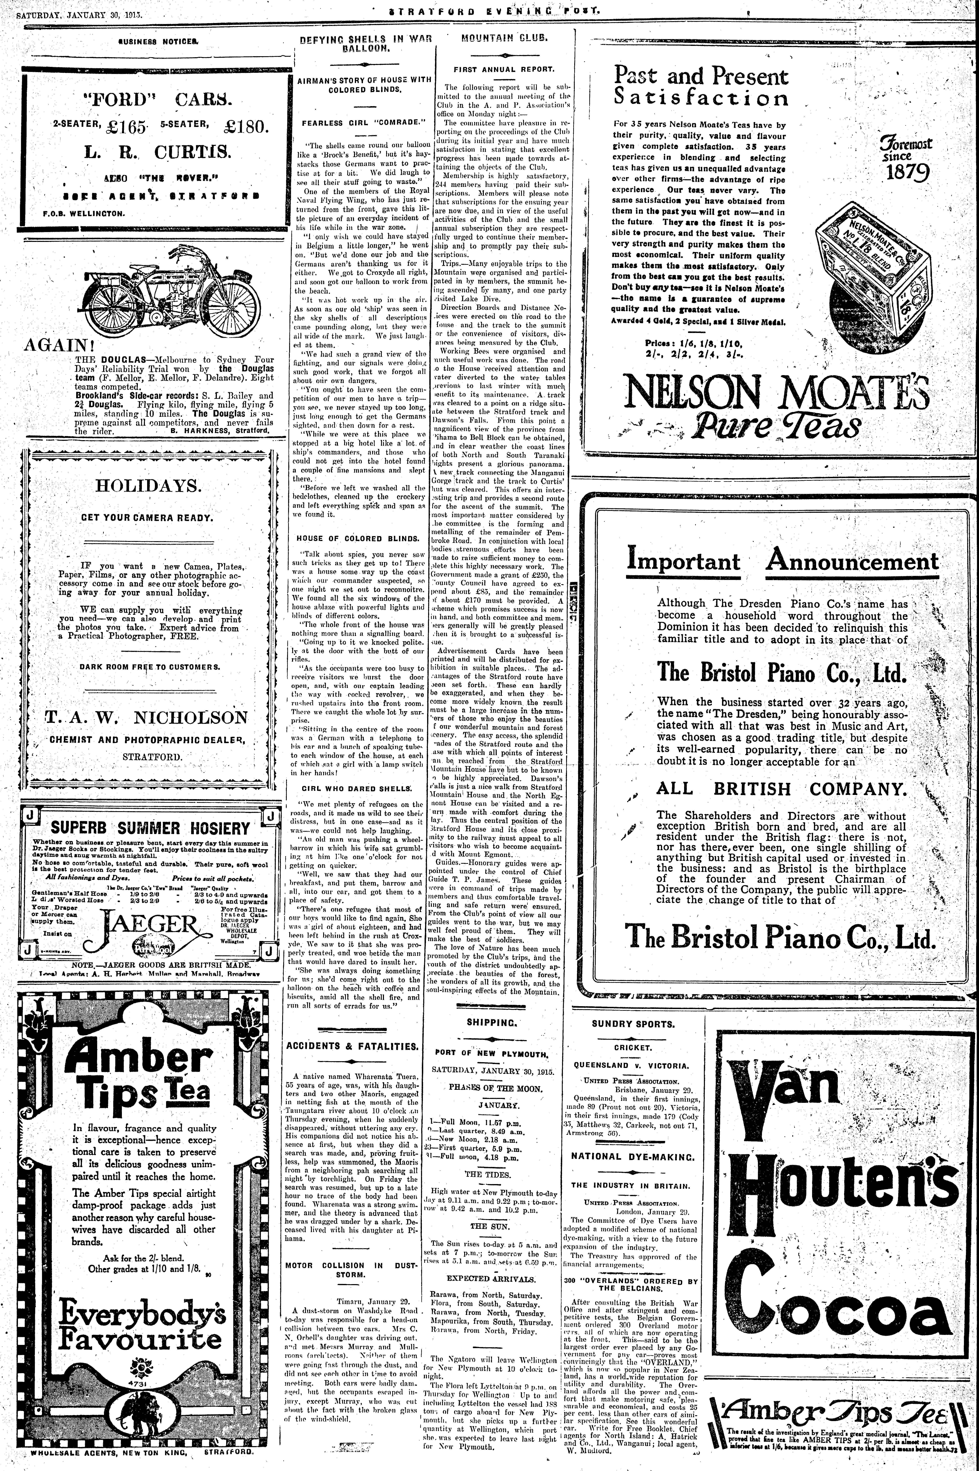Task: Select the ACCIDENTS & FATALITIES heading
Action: [352, 1046]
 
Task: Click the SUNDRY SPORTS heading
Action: [632, 1024]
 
